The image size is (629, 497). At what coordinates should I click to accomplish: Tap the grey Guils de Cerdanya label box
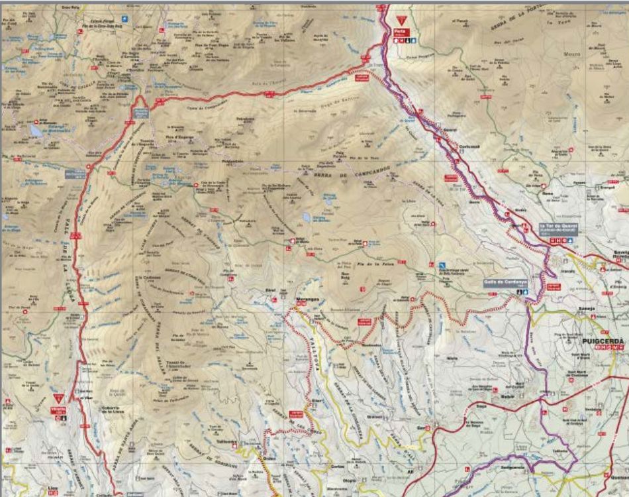point(499,282)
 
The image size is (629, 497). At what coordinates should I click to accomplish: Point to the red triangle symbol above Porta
point(400,21)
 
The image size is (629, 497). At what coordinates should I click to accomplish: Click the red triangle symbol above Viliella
point(58,400)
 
